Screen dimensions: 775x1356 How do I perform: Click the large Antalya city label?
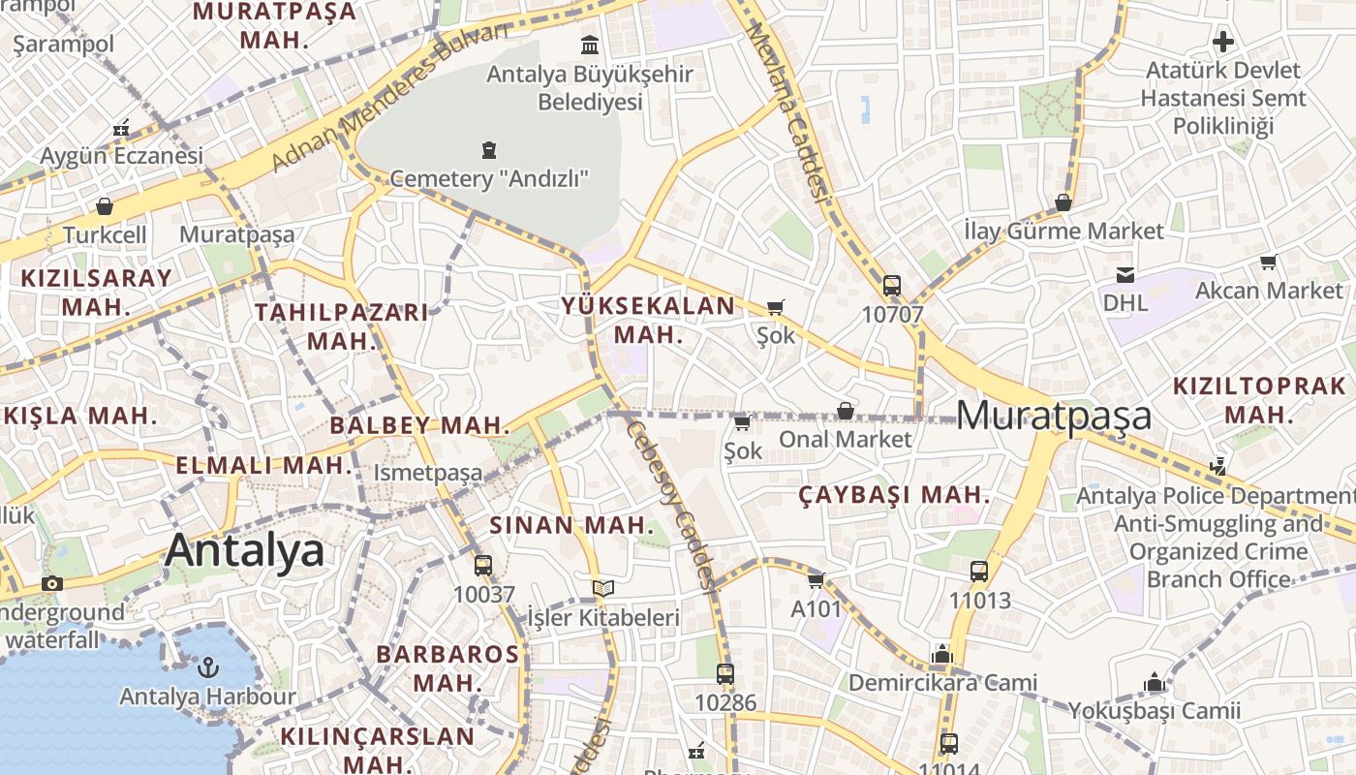click(244, 550)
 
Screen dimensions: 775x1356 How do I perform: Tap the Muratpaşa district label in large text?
click(1054, 416)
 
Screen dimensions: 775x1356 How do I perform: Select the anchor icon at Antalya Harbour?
click(206, 667)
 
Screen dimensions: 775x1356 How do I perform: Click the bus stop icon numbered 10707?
click(892, 286)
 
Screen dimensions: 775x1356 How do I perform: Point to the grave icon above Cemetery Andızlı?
click(489, 150)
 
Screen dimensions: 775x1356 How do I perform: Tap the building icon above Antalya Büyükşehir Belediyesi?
click(589, 45)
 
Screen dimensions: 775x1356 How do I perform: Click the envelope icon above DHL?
click(1125, 275)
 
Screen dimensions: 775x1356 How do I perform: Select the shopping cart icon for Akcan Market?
click(1268, 262)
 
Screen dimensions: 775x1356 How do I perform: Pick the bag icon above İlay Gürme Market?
click(1063, 202)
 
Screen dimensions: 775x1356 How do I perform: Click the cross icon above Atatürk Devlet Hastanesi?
click(1223, 42)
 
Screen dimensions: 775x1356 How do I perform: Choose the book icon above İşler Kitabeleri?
click(602, 588)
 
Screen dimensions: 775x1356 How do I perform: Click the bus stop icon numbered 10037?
click(483, 566)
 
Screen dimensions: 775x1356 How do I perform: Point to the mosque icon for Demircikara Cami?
click(941, 654)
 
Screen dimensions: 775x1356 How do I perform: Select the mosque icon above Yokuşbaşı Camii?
click(1154, 683)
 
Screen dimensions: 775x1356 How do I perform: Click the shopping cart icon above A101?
click(816, 580)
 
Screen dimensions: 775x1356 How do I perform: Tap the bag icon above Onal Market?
click(846, 411)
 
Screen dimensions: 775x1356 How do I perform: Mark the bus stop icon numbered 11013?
click(979, 572)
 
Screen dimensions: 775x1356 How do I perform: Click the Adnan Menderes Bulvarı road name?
click(389, 97)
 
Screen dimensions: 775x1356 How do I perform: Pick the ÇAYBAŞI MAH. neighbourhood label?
click(894, 495)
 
